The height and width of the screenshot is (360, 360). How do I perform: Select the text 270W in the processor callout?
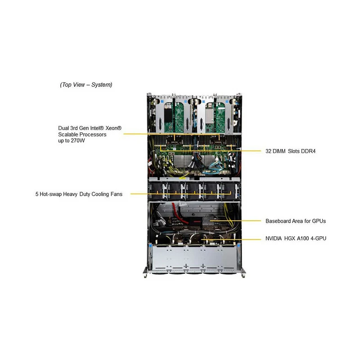coord(77,140)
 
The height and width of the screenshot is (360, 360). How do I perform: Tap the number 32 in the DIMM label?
coord(268,151)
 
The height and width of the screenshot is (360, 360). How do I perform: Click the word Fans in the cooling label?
coord(117,194)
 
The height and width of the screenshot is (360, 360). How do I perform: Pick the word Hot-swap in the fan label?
coord(50,194)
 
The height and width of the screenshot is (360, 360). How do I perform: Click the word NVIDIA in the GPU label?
coord(274,238)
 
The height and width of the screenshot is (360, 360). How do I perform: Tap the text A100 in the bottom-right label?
coord(303,238)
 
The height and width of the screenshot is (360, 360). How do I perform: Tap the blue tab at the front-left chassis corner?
coord(151,246)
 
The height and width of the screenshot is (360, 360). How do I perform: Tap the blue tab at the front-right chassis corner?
coord(239,246)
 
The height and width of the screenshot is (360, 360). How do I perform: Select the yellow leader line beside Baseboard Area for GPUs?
coord(235,221)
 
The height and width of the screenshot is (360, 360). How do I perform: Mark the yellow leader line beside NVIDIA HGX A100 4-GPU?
coord(231,239)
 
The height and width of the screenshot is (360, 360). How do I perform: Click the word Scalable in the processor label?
coord(68,134)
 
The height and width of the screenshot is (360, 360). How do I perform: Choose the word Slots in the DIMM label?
coord(294,151)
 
